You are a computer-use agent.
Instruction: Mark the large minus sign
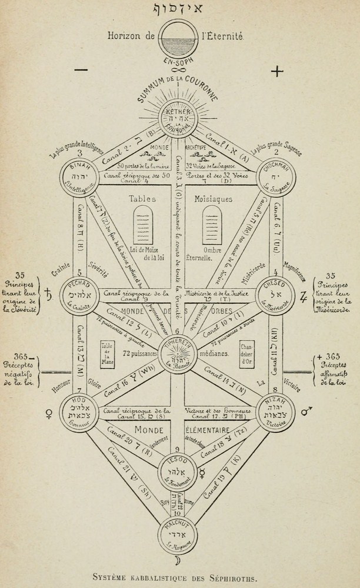tap(81, 71)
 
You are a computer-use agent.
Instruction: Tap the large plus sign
tap(276, 71)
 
